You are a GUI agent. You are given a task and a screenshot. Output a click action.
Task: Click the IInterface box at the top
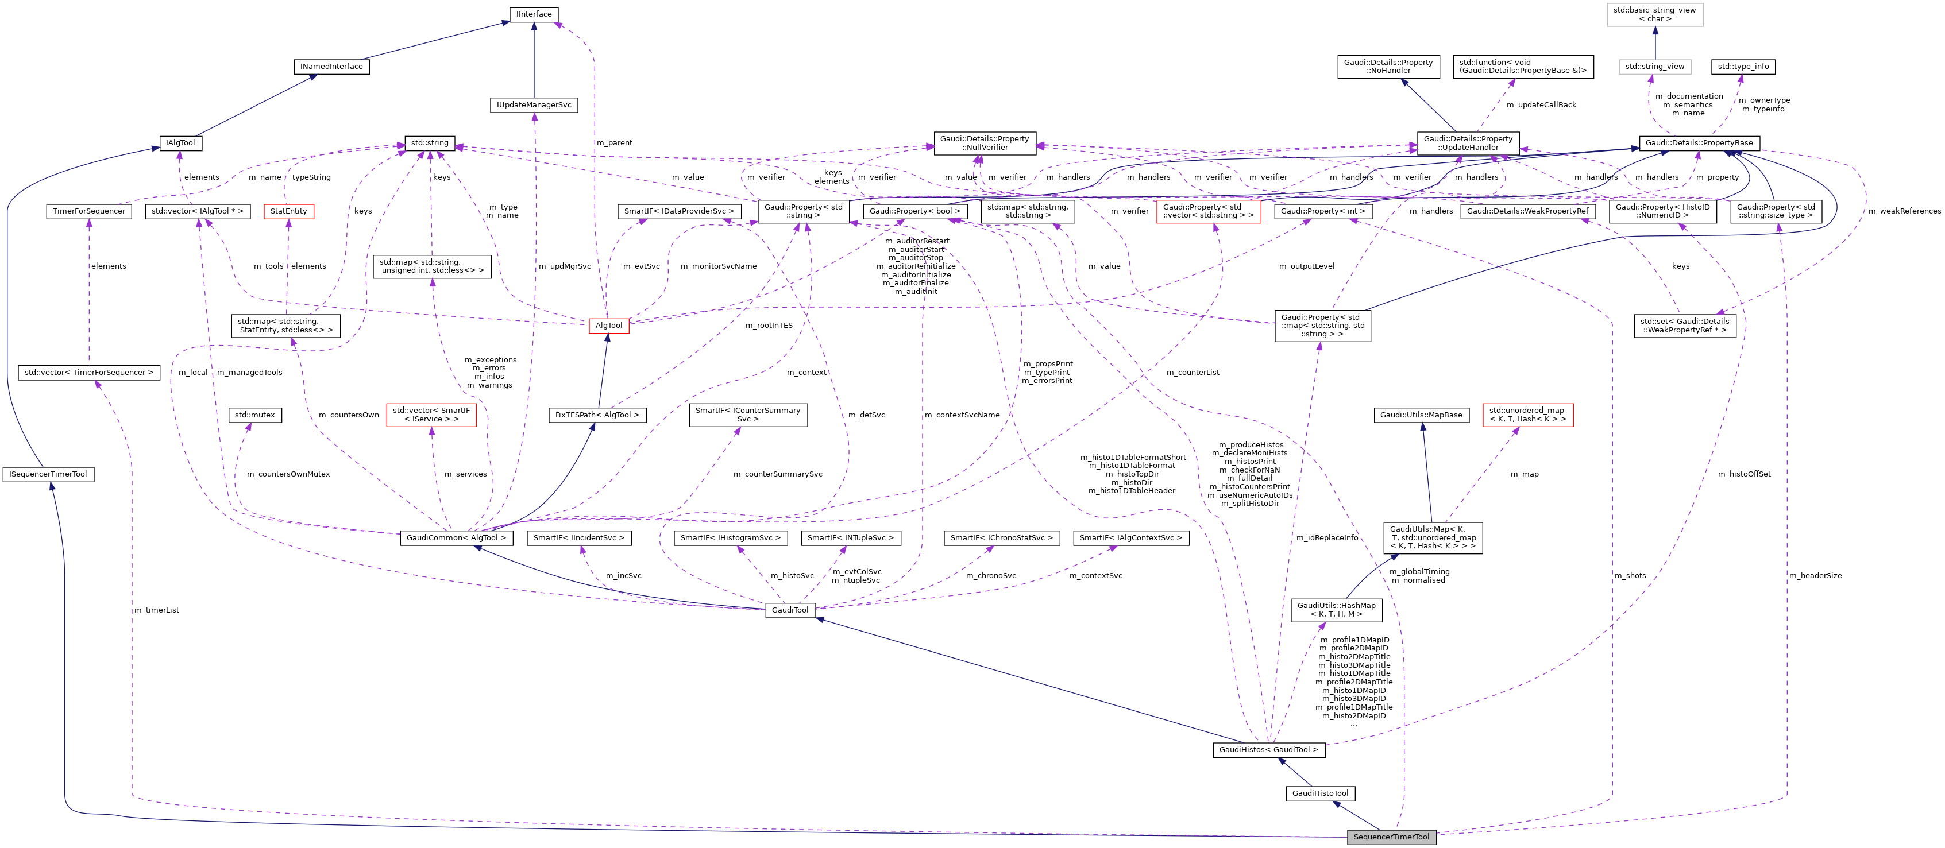point(534,14)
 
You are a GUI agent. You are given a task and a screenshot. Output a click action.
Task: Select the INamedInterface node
point(331,67)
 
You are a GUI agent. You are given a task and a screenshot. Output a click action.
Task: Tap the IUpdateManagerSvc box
point(534,105)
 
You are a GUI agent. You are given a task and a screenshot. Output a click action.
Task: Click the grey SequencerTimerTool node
point(1391,837)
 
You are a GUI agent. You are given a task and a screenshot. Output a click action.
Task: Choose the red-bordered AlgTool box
point(608,325)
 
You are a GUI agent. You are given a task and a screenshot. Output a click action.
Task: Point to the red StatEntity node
point(288,211)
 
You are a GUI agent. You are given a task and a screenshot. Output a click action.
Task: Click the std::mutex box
point(255,415)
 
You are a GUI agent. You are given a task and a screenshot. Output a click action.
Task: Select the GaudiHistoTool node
point(1320,793)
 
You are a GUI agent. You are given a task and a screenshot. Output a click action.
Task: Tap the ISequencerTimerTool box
point(48,474)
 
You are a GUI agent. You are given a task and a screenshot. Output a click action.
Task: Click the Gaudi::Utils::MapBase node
point(1421,415)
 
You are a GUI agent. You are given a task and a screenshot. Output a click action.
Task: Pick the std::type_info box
point(1743,67)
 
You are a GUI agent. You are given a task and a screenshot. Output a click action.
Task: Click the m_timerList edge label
point(157,610)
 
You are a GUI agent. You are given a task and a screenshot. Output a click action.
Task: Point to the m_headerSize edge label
point(1815,576)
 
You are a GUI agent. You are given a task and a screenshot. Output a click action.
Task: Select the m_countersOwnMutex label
point(288,474)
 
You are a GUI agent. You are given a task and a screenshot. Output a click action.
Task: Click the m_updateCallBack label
point(1541,105)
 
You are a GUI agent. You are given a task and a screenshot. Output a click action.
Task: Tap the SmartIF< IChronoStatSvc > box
point(1001,538)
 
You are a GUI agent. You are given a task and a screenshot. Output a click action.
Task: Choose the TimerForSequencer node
point(89,211)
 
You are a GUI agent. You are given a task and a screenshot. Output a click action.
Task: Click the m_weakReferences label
point(1904,211)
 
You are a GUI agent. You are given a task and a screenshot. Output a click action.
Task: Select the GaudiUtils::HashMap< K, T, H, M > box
point(1337,610)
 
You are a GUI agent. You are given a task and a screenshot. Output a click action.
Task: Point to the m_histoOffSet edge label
point(1744,474)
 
